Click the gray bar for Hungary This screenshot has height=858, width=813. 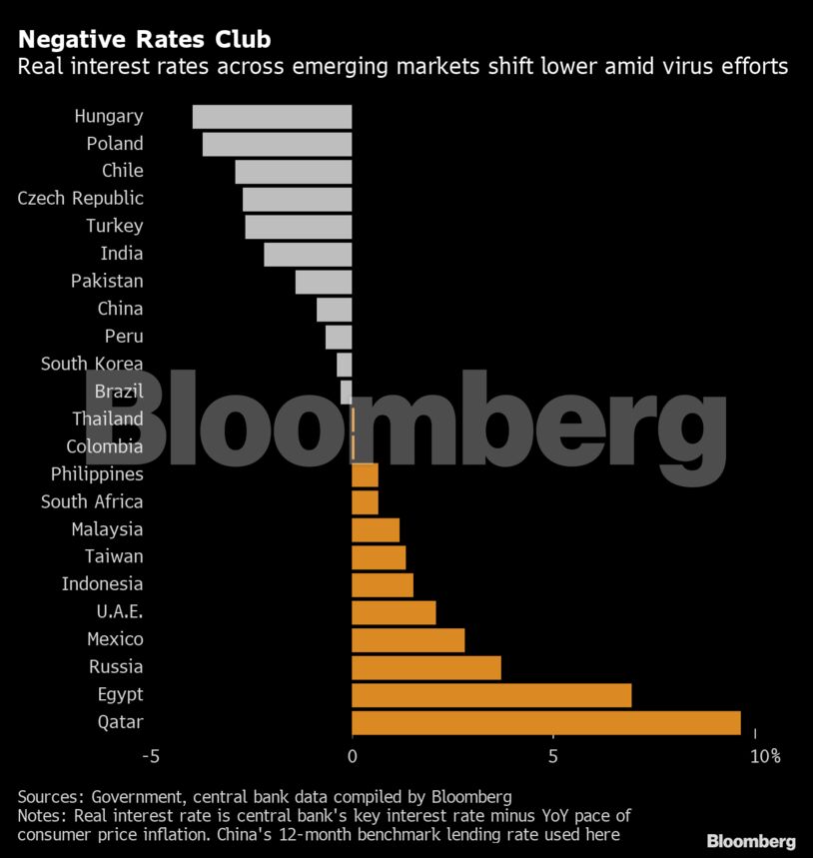pos(272,116)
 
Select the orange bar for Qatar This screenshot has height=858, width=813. pos(546,722)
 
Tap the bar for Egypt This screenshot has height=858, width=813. pos(491,695)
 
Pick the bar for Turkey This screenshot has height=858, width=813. pos(299,226)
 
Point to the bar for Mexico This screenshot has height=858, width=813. pos(408,639)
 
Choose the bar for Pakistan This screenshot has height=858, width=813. pos(324,282)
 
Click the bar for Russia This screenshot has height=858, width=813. pos(426,667)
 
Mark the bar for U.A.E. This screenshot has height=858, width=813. pos(394,612)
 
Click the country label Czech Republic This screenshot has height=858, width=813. pos(81,198)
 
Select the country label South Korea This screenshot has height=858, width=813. pos(92,364)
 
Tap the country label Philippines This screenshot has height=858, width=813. pos(97,473)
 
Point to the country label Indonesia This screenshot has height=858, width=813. pos(102,583)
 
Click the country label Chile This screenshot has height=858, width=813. pos(122,171)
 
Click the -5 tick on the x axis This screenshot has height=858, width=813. pos(151,757)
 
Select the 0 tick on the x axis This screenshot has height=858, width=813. pos(352,757)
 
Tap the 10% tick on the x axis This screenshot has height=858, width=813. pos(764,757)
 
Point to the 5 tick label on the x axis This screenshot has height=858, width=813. pos(552,757)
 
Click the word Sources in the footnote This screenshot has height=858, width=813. pos(51,797)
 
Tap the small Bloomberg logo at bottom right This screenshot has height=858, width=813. pos(751,841)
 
